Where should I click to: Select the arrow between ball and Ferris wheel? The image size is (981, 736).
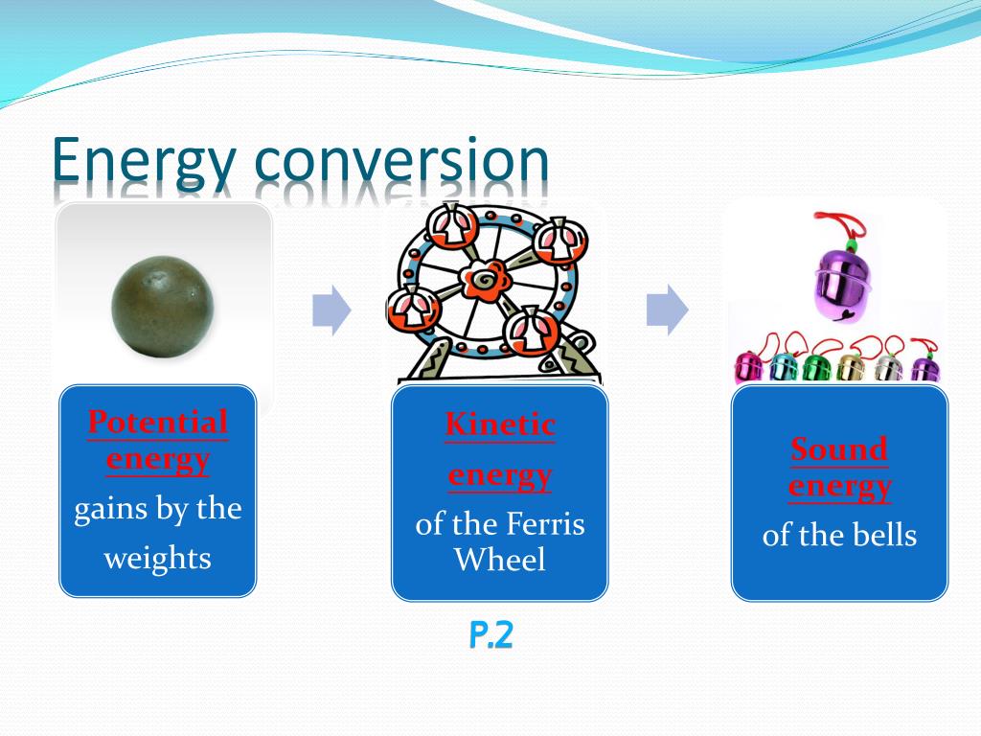point(331,310)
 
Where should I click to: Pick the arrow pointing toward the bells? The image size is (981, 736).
point(667,310)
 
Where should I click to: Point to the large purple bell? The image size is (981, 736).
point(834,283)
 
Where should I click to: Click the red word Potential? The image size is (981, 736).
point(158,422)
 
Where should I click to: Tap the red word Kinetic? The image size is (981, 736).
point(499,424)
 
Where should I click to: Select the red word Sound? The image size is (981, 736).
point(839,448)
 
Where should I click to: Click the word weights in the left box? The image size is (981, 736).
point(158,558)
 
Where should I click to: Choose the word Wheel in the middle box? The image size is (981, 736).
point(499,560)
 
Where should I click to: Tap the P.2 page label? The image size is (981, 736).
point(490,635)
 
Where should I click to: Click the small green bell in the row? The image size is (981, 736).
point(816,367)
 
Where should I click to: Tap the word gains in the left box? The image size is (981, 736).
point(106,509)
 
